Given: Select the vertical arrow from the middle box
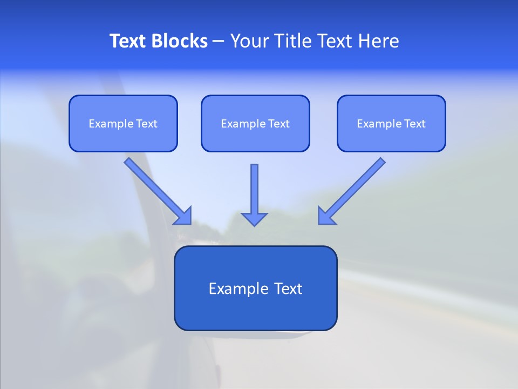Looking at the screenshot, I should coord(254,189).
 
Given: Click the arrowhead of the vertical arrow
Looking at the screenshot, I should coord(254,218).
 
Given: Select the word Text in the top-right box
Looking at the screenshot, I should coord(414,124).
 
